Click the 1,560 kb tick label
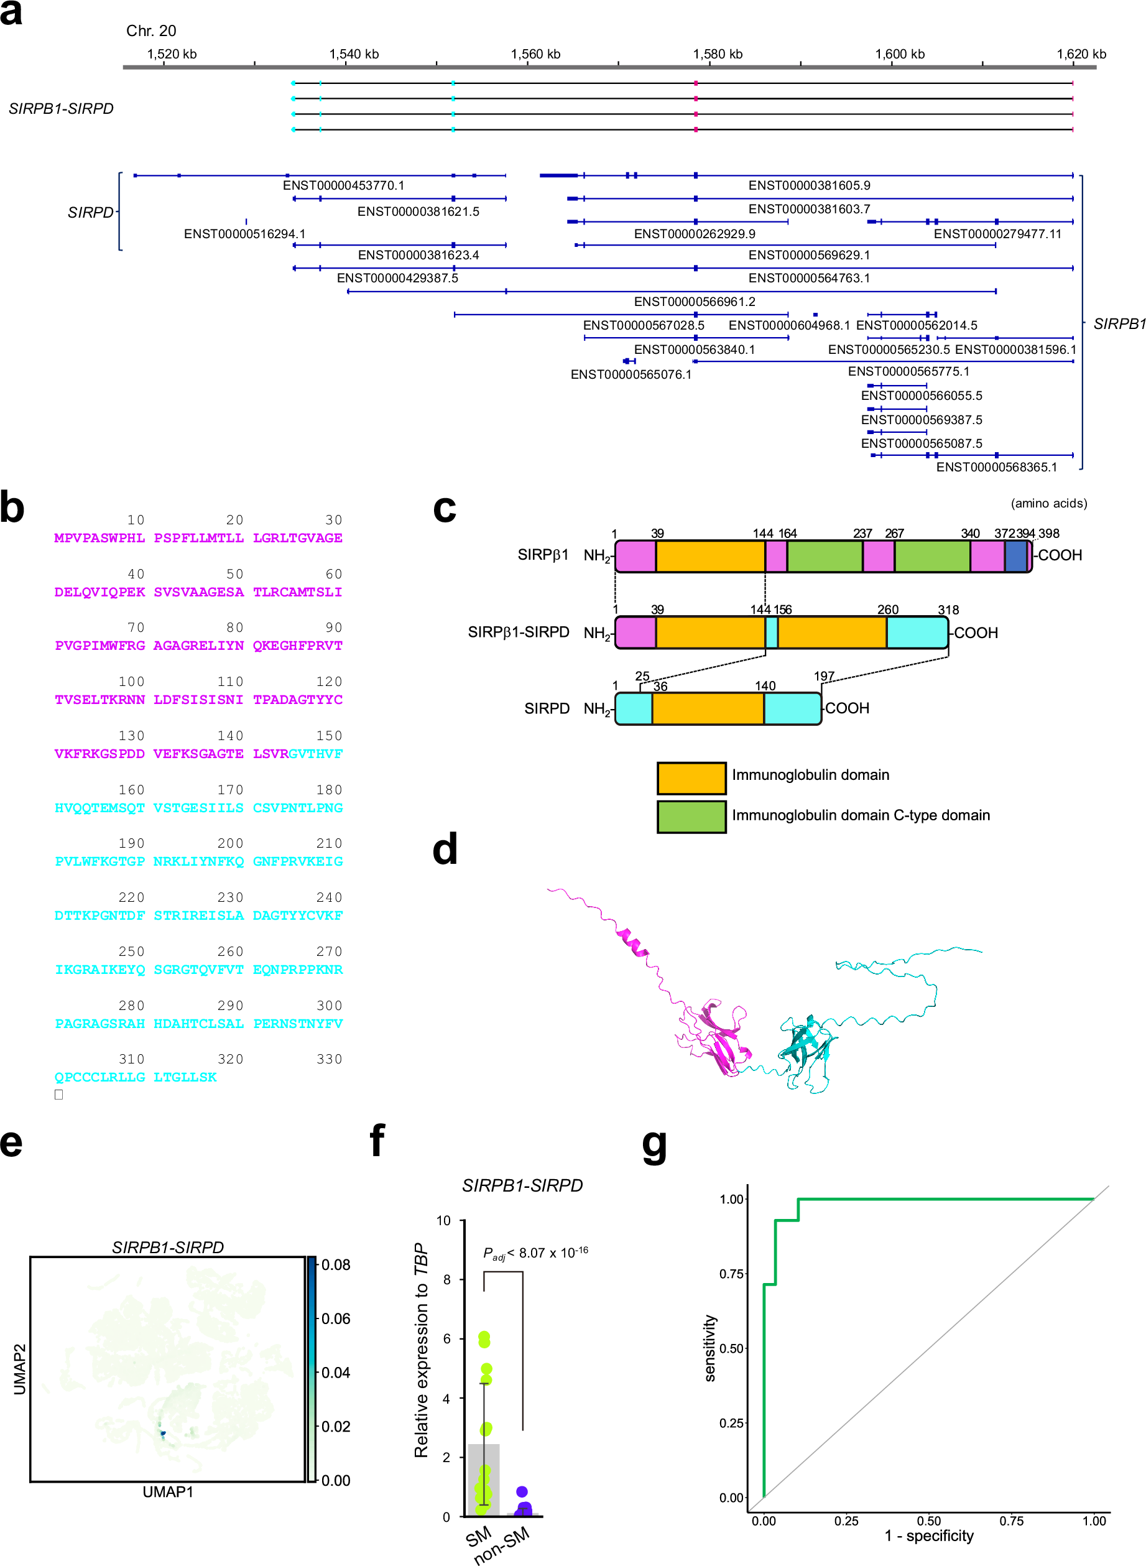click(x=535, y=54)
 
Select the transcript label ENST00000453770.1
click(x=343, y=185)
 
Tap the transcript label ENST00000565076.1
click(x=631, y=374)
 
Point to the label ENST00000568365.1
click(x=996, y=467)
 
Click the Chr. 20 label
click(x=150, y=30)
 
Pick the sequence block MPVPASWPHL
click(x=100, y=538)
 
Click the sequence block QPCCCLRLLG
click(x=100, y=1077)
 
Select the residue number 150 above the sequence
click(x=329, y=736)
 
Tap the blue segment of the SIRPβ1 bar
click(x=1015, y=557)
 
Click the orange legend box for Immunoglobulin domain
click(x=691, y=778)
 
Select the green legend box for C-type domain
click(x=691, y=817)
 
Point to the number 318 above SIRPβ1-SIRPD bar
click(x=948, y=610)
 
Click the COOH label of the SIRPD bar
click(x=846, y=708)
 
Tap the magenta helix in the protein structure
click(x=632, y=942)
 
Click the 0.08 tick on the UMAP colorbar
click(x=336, y=1264)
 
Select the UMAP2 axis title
click(x=19, y=1368)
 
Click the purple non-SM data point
click(x=522, y=1491)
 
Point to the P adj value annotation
click(x=535, y=1253)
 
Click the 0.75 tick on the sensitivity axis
click(x=731, y=1274)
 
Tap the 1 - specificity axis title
click(x=928, y=1536)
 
